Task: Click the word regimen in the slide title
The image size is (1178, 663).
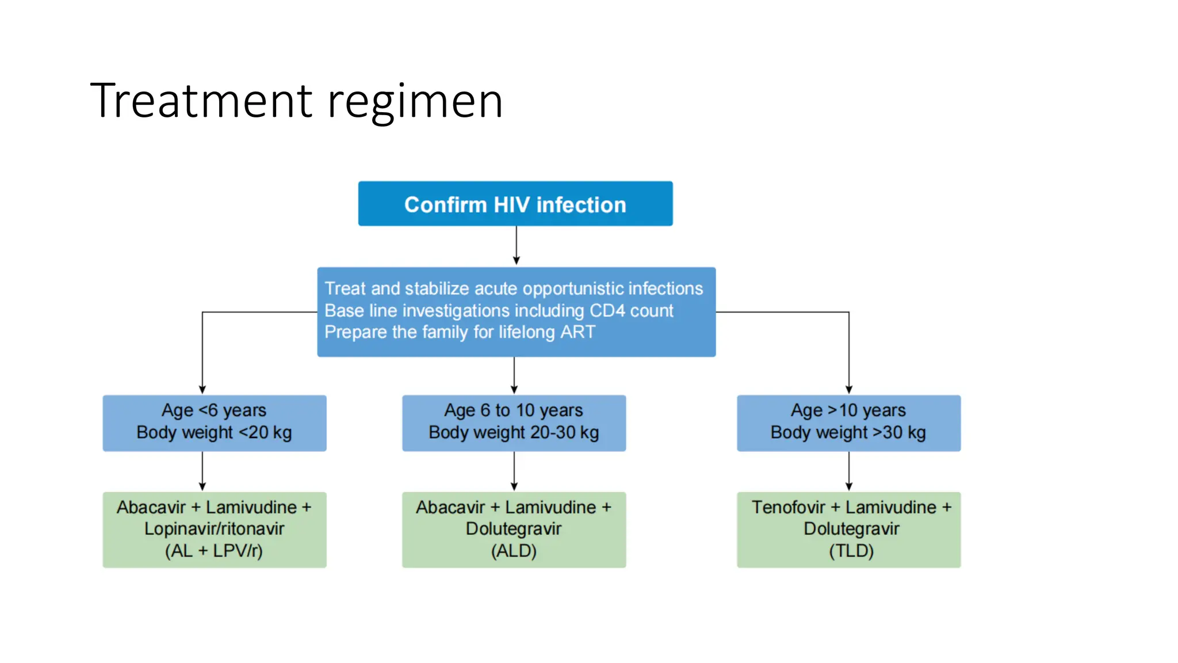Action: (x=415, y=101)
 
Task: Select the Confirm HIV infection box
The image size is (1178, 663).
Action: (x=515, y=203)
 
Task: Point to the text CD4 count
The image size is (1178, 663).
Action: (x=631, y=310)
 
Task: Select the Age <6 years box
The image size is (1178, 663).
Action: (x=214, y=422)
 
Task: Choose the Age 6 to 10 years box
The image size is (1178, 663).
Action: (x=514, y=422)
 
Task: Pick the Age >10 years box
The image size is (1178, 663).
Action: (x=848, y=422)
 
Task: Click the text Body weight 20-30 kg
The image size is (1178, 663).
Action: (x=514, y=432)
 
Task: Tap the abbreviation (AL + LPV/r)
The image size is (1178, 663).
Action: (x=214, y=551)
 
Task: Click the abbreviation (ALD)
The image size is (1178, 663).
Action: (x=514, y=551)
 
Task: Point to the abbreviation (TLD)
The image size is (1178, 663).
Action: (x=851, y=551)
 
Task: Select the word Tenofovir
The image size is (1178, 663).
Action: (x=788, y=507)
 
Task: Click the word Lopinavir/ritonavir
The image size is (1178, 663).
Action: (x=214, y=529)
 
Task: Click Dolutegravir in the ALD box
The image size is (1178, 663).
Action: (x=514, y=529)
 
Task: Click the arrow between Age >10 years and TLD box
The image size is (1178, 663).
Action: (x=849, y=471)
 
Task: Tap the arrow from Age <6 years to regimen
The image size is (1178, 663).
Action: (x=202, y=471)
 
